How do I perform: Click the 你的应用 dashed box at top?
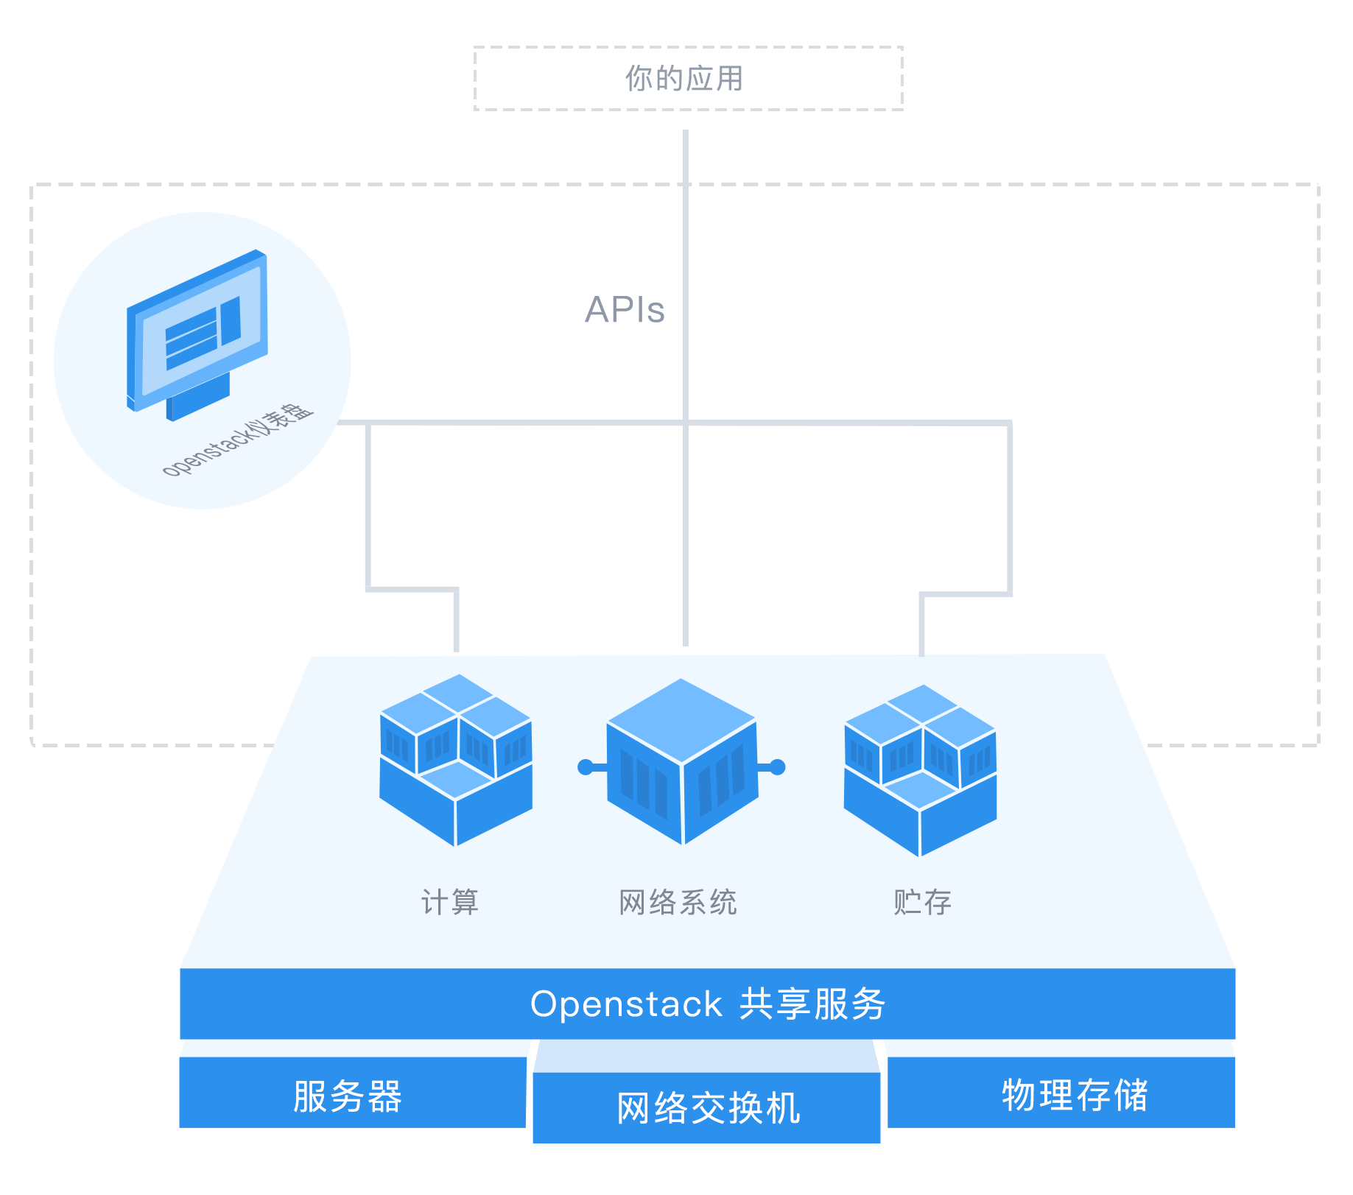click(x=688, y=79)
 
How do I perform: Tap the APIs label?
click(x=625, y=310)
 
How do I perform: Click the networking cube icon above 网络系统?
click(x=682, y=761)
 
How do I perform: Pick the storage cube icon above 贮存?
click(x=920, y=769)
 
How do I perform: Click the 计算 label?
click(x=450, y=902)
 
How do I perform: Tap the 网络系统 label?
click(x=678, y=902)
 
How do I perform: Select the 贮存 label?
click(x=922, y=902)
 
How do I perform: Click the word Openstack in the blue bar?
click(x=626, y=1004)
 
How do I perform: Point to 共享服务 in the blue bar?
click(x=812, y=1004)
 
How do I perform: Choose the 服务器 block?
click(x=348, y=1096)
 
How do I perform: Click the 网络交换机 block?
click(x=708, y=1108)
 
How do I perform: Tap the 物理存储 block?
click(x=1075, y=1095)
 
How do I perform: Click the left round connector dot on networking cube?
click(x=586, y=767)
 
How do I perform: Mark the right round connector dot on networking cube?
click(x=779, y=767)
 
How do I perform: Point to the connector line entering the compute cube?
click(x=456, y=622)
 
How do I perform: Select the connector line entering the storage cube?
click(x=921, y=624)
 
